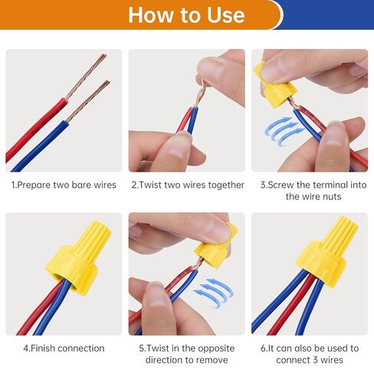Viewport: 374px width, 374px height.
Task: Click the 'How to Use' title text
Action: (x=186, y=15)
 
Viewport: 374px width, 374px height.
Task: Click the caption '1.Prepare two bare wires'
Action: (x=64, y=185)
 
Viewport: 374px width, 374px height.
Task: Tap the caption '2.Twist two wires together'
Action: (x=187, y=185)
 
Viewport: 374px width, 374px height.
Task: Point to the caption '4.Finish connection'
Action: (x=64, y=348)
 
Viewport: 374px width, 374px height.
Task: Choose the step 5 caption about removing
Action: (x=187, y=353)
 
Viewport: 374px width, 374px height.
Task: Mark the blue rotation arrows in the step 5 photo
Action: (x=213, y=291)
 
